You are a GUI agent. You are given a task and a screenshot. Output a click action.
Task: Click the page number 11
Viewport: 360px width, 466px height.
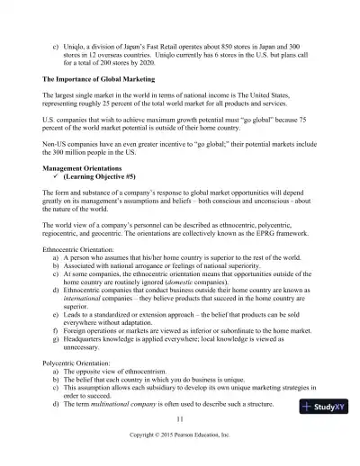(x=180, y=419)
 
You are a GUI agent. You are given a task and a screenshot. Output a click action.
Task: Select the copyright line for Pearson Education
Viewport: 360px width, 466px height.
(x=180, y=435)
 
